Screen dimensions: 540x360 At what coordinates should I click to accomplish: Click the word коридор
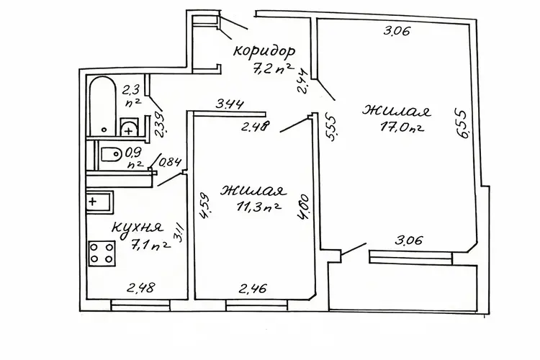[264, 51]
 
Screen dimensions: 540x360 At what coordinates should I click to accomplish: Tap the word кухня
[138, 227]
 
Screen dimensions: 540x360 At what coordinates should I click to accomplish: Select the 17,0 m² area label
[402, 127]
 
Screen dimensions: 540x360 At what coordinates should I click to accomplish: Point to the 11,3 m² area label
[258, 207]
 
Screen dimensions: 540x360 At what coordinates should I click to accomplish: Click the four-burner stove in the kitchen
[102, 253]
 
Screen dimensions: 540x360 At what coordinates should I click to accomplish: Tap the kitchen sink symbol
[99, 202]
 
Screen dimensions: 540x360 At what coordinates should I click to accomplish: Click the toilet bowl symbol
[111, 154]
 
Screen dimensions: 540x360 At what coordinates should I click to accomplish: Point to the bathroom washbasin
[129, 127]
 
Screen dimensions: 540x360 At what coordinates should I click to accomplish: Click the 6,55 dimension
[462, 124]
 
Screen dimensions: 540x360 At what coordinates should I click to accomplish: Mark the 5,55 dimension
[330, 128]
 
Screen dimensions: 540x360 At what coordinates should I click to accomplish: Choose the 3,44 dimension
[230, 104]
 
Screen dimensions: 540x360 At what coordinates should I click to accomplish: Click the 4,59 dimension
[204, 206]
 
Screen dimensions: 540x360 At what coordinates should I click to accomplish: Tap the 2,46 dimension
[253, 288]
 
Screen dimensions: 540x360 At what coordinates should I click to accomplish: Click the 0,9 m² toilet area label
[135, 158]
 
